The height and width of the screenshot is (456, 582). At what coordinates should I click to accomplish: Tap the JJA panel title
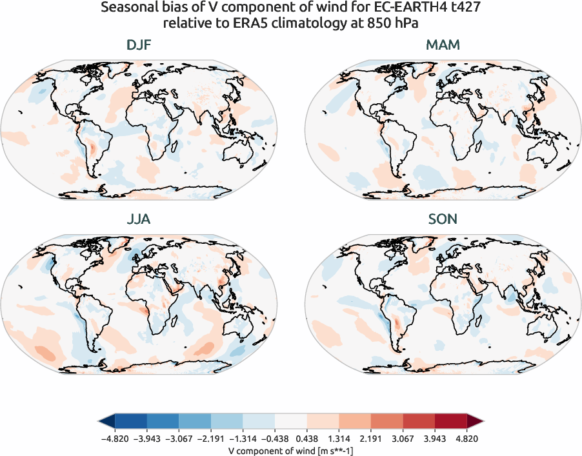coord(139,219)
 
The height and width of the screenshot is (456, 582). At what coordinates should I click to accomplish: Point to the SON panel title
coord(443,219)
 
